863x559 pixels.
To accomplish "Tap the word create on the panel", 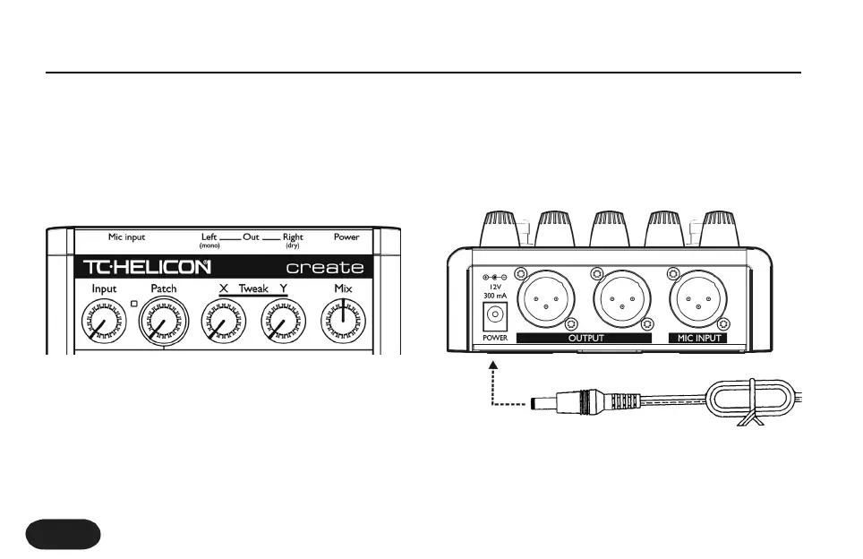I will point(324,267).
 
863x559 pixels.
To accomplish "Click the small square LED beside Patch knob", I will point(135,305).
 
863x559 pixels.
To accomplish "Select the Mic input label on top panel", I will point(126,237).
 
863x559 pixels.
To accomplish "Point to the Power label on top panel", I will point(346,237).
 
